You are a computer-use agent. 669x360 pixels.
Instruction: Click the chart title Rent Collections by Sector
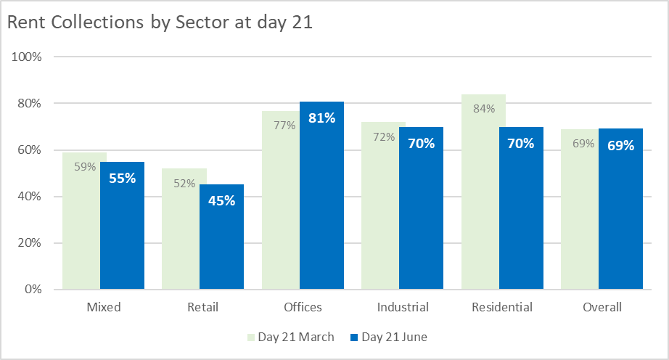[x=160, y=22]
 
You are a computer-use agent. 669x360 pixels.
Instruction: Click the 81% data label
[x=321, y=118]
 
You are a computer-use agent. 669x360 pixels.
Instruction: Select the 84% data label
[x=483, y=109]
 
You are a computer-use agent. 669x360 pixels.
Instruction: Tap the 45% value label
[x=221, y=200]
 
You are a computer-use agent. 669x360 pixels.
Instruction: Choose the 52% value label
[x=184, y=184]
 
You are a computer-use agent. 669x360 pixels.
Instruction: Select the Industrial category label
[x=403, y=307]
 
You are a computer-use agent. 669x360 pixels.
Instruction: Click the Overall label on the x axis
[x=602, y=307]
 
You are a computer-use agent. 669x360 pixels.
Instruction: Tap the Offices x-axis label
[x=303, y=307]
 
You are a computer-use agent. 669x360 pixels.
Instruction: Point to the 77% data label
[x=284, y=126]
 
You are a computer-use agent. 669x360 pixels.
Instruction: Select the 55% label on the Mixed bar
[x=122, y=178]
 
